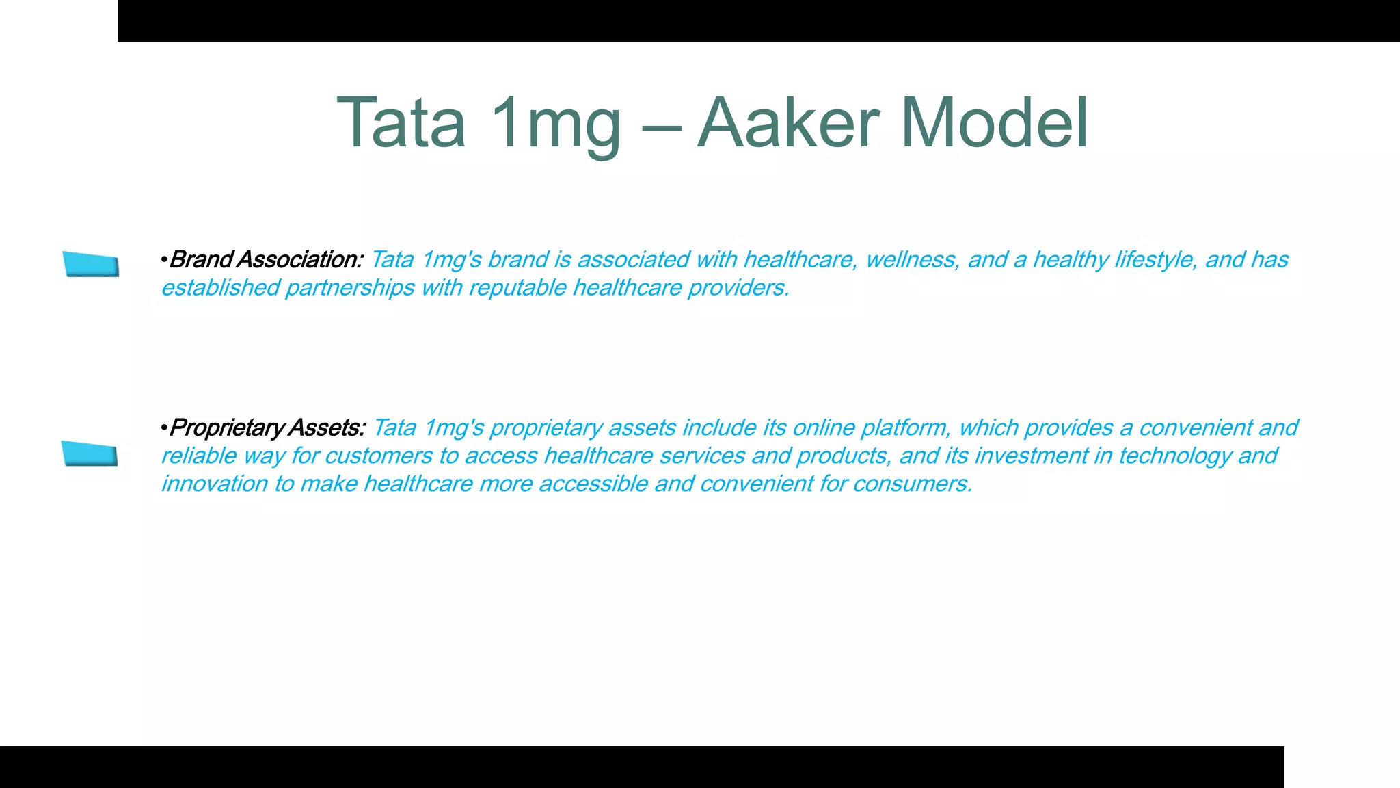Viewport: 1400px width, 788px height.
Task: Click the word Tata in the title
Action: [401, 124]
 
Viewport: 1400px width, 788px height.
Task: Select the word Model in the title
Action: [994, 124]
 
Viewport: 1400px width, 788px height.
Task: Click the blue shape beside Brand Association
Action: [91, 264]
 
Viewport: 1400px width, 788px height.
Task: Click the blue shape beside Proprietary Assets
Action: [90, 454]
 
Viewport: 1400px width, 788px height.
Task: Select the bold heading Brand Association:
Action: [265, 260]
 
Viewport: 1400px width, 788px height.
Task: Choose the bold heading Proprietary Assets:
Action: [267, 428]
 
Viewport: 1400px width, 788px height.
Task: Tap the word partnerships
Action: [349, 288]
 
